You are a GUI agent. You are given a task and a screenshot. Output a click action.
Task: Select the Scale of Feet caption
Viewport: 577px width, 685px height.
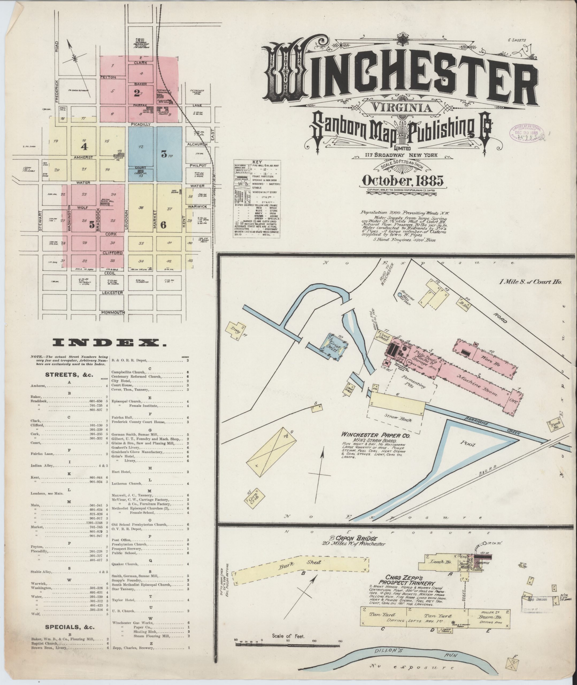click(288, 637)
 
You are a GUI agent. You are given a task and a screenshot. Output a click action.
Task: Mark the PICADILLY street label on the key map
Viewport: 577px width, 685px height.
click(140, 124)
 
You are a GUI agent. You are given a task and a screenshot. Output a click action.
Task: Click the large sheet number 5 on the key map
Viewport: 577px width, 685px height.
click(91, 225)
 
